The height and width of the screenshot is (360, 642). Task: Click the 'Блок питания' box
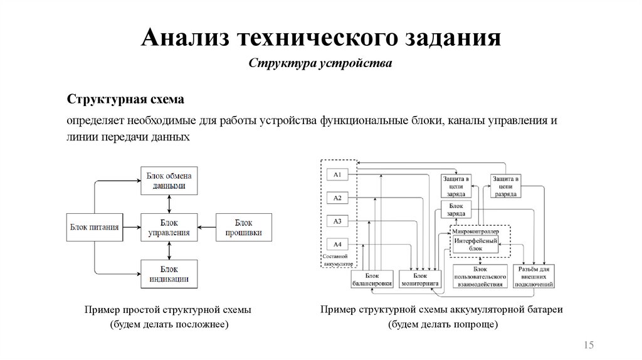click(94, 228)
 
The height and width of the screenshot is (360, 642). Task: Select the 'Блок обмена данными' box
click(168, 180)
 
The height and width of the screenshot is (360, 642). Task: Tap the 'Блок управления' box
click(168, 228)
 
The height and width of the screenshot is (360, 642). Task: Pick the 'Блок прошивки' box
click(243, 228)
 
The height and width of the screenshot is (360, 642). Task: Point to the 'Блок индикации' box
click(168, 274)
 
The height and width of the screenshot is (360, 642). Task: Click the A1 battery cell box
click(337, 174)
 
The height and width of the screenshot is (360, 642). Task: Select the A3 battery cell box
click(337, 221)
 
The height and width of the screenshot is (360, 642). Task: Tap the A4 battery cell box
click(337, 244)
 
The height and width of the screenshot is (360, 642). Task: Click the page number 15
click(588, 345)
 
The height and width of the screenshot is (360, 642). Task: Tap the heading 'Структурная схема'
click(125, 100)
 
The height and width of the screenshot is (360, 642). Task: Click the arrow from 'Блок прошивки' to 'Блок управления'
click(205, 228)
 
